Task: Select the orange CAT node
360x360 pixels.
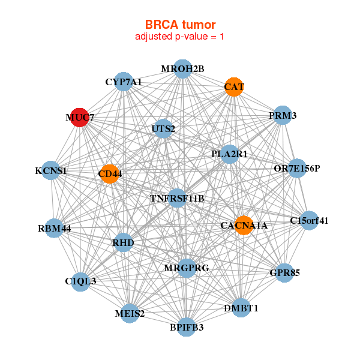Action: coord(234,87)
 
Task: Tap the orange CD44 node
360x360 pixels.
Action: coord(109,174)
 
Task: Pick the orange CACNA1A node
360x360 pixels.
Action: coord(244,226)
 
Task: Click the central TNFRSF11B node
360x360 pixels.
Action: coord(177,198)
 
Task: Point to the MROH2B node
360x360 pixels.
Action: coord(183,69)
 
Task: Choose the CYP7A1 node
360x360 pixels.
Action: coord(123,82)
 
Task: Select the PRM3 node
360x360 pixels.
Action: coord(283,115)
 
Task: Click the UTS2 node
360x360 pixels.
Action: coord(163,128)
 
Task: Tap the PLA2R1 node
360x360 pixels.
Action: coord(230,154)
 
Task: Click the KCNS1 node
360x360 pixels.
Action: coord(51,171)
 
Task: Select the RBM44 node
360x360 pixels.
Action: coord(54,228)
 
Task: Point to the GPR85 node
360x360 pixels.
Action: coord(284,273)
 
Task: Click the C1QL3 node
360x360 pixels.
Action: coord(80,281)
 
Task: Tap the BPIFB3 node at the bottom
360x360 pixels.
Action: coord(187,327)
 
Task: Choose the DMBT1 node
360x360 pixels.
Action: coord(241,308)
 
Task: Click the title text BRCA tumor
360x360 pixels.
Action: coord(180,25)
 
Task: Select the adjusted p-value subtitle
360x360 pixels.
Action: coord(180,37)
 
